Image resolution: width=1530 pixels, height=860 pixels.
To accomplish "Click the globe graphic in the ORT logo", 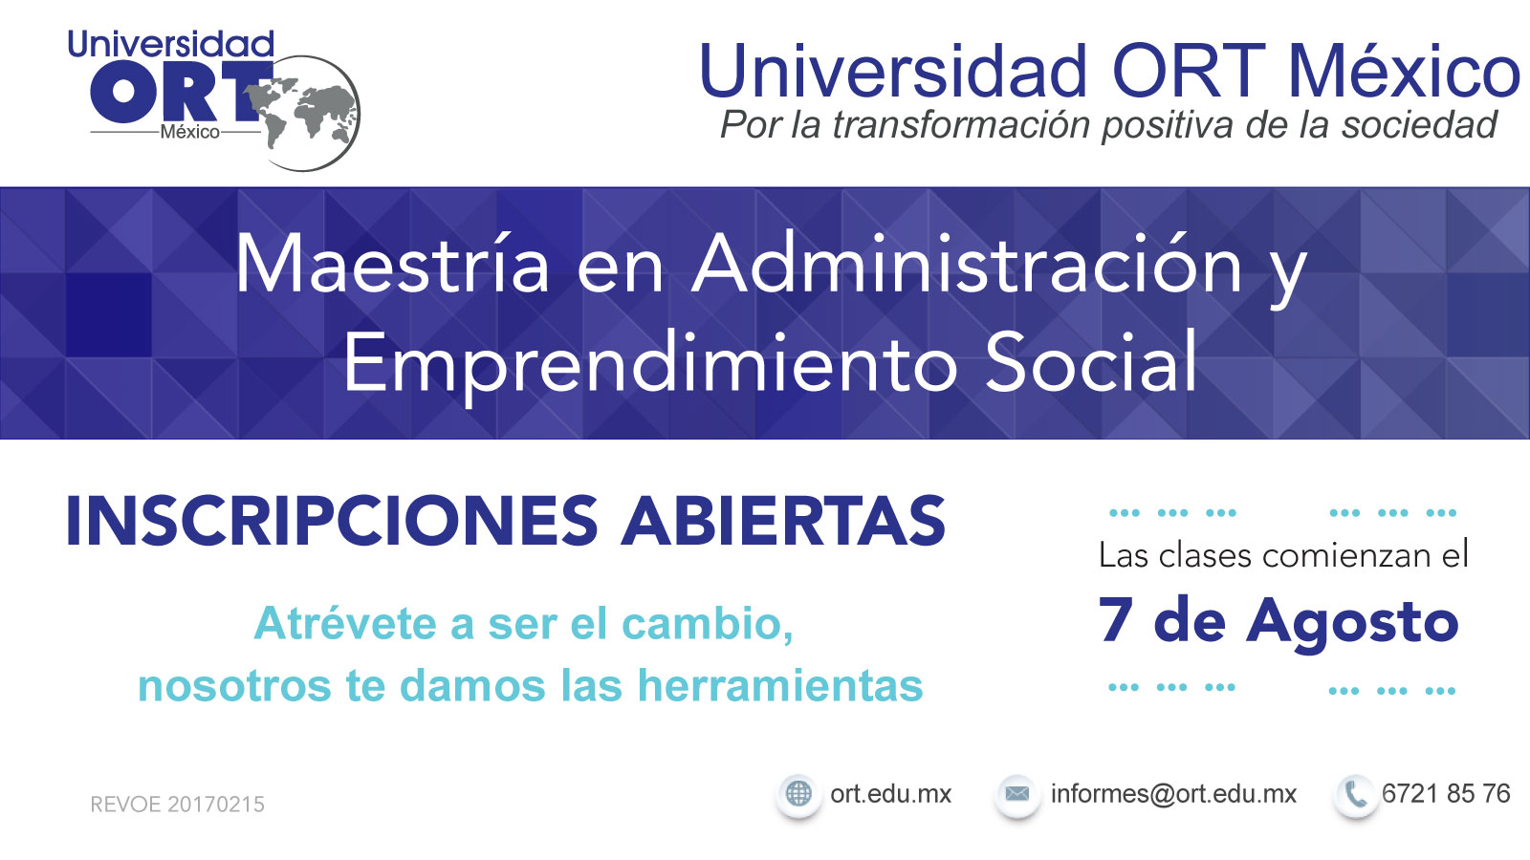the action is (x=304, y=114).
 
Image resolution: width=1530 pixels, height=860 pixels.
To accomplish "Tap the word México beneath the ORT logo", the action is (x=190, y=132).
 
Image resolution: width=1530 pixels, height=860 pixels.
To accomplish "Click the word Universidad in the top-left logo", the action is (x=171, y=44).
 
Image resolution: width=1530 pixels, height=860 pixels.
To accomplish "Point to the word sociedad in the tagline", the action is (x=1419, y=125).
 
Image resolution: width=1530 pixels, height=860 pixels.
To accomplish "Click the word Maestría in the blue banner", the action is (x=392, y=264).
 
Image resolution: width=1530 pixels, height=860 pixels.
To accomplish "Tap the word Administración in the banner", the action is (x=967, y=264).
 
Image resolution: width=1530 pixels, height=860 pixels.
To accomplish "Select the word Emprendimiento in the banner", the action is (x=650, y=362).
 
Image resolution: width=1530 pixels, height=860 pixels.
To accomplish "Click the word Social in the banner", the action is (x=1091, y=361).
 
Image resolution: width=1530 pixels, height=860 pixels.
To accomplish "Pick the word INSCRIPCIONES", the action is (x=332, y=521).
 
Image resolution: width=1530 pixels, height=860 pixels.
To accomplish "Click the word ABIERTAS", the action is (x=783, y=521).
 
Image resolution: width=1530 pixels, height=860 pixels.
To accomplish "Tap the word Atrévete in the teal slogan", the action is (x=345, y=623).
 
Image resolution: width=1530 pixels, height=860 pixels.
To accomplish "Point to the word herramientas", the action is (x=780, y=685).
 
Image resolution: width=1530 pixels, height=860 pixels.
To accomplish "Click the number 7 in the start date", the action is (x=1115, y=620).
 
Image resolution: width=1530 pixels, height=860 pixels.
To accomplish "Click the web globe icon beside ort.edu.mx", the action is (x=798, y=794).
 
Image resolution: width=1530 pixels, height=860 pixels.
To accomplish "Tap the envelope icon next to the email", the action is (x=1017, y=794).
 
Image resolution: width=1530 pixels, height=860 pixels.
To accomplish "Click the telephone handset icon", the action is (x=1355, y=794).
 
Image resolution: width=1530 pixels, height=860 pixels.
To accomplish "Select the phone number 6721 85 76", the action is (x=1446, y=793).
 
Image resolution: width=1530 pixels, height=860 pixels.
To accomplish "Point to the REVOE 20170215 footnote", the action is (x=177, y=804).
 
